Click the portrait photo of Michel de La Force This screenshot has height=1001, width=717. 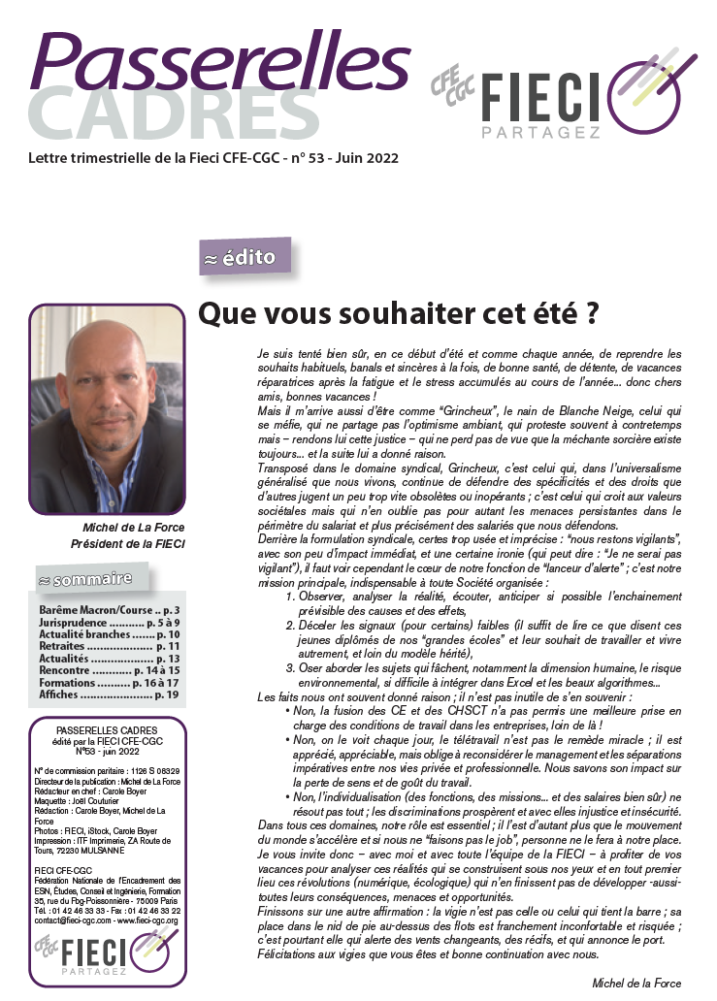pos(107,409)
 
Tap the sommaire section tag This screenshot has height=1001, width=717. pos(91,580)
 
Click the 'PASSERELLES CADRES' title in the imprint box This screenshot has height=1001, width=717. pos(109,730)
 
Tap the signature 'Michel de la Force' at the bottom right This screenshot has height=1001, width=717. pos(636,983)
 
